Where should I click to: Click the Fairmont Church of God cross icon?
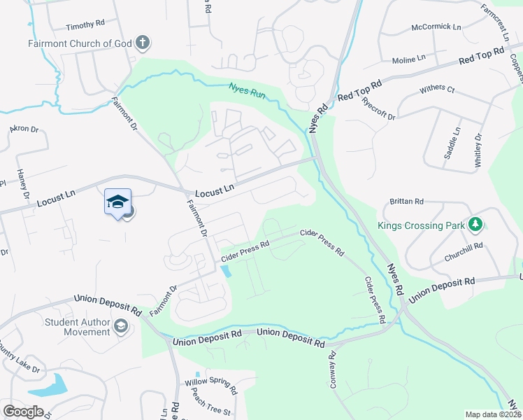[x=142, y=43]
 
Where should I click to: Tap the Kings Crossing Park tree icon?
[x=475, y=225]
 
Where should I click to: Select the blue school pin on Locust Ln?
[x=117, y=202]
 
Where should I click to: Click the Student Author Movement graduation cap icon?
[x=121, y=327]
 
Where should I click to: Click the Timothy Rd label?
[x=85, y=24]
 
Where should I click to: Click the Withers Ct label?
[x=437, y=90]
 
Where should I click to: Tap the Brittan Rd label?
[x=410, y=202]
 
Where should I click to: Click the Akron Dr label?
[x=23, y=129]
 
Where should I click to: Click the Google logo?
[x=23, y=412]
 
